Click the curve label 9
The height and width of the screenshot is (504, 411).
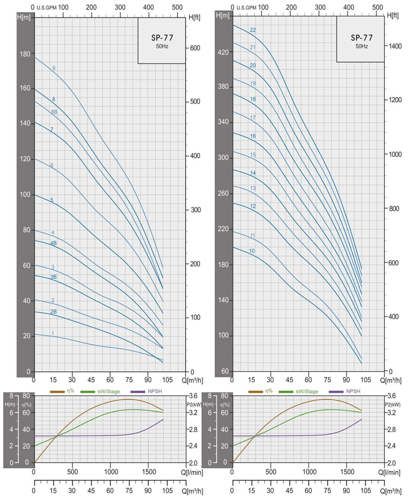pos(54,68)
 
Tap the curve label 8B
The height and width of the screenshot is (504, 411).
pos(54,112)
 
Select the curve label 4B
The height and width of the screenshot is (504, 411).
pos(54,243)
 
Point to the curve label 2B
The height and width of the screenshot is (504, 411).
pos(54,312)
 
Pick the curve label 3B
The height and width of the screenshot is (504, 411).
pos(54,277)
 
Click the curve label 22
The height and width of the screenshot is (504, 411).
pos(253,30)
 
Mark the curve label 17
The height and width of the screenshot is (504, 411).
pos(253,118)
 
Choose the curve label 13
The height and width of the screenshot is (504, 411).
pos(253,189)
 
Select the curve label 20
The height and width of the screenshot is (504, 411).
pos(253,66)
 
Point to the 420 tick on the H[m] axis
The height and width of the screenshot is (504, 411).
pos(224,52)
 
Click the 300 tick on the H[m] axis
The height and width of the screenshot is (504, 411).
pos(224,158)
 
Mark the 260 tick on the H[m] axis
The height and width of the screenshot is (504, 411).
pos(224,194)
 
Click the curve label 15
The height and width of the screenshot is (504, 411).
pos(253,155)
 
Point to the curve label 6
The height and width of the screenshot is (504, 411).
pos(52,165)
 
